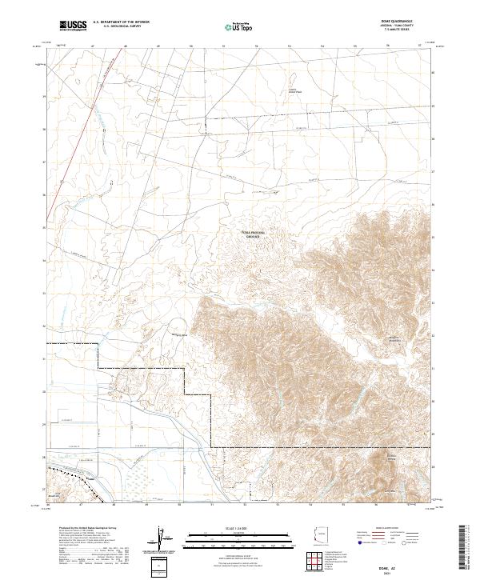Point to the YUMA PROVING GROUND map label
click(x=254, y=234)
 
